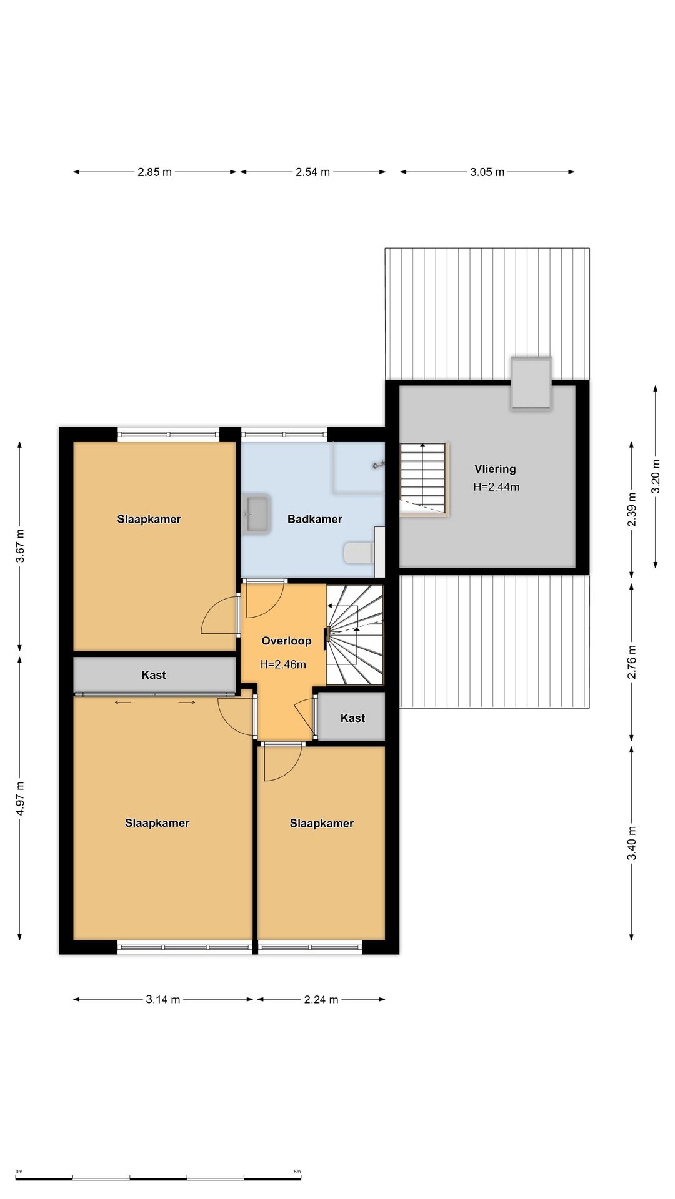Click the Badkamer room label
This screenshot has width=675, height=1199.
(x=314, y=519)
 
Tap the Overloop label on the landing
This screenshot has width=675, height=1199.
(x=286, y=641)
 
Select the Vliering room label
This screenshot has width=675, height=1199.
(x=495, y=469)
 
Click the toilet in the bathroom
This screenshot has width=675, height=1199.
(x=359, y=553)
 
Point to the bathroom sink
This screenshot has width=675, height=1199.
(x=256, y=515)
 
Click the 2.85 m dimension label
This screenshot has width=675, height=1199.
(x=154, y=172)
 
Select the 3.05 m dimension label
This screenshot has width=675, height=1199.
(x=487, y=172)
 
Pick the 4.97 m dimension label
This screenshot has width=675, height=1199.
(x=20, y=798)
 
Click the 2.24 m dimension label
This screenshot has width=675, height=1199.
(x=321, y=1000)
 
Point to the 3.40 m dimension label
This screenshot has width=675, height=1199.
(x=632, y=843)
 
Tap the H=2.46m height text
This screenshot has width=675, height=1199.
(x=283, y=664)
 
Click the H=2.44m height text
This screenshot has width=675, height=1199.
(x=496, y=487)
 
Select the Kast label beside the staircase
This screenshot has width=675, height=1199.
(x=352, y=718)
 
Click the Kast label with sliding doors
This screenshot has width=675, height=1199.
(x=154, y=675)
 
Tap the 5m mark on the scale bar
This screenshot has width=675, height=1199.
(x=297, y=1172)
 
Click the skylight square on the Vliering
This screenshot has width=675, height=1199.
(x=531, y=383)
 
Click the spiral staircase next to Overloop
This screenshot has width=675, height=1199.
(x=355, y=634)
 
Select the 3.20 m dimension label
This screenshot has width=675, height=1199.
(x=656, y=476)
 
